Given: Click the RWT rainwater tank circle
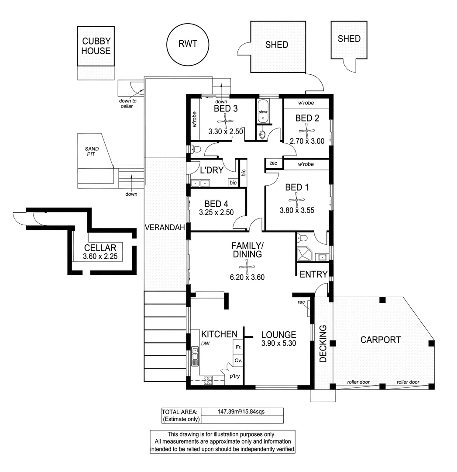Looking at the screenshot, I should click(x=188, y=44).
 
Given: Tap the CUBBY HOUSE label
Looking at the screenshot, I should click(x=96, y=46).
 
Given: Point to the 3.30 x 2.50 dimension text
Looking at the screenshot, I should click(x=225, y=131).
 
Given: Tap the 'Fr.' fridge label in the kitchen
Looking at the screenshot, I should click(x=238, y=347).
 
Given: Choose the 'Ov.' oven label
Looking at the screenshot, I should click(x=238, y=361).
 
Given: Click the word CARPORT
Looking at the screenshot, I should click(x=381, y=340).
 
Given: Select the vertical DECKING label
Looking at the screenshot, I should click(x=323, y=347).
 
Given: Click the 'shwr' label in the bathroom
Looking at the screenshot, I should click(x=263, y=112).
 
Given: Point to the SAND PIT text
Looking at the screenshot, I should click(x=92, y=151).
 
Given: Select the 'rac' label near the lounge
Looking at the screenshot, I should click(x=301, y=302).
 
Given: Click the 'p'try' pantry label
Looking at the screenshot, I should click(x=235, y=376).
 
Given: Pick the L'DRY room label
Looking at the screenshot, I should click(x=212, y=170).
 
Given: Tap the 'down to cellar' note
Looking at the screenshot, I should click(x=128, y=104).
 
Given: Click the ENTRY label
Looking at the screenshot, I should click(x=313, y=274).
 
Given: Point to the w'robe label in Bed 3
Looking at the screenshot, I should click(x=195, y=119).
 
